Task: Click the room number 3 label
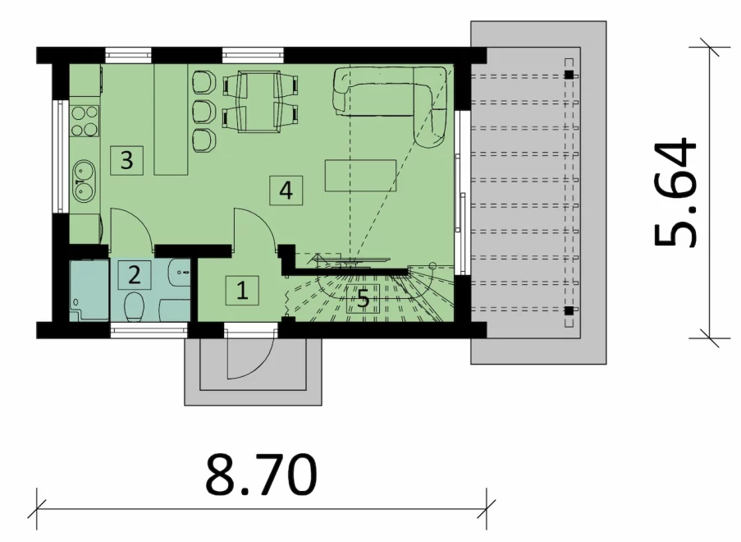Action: point(126,160)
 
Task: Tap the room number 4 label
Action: point(286,191)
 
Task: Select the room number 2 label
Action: point(135,275)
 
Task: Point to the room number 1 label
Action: point(242,290)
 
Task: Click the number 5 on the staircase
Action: point(363,299)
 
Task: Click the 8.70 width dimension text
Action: point(261,475)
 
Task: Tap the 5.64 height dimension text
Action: point(675,192)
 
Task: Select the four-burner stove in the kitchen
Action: point(85,121)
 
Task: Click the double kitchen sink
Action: point(85,182)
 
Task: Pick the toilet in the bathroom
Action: point(134,306)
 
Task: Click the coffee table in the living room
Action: point(360,176)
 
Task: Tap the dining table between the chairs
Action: point(259,101)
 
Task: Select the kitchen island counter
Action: point(171,120)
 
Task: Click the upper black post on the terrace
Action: point(569,75)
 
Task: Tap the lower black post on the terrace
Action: point(569,310)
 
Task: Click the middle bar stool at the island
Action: point(204,111)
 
